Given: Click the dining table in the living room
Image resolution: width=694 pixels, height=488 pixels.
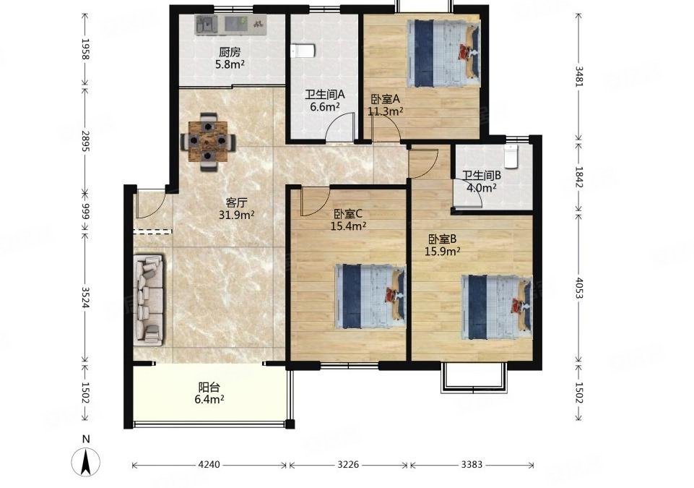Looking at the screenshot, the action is tap(208, 142).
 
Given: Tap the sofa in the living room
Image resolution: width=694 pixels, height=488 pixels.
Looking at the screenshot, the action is tap(149, 300).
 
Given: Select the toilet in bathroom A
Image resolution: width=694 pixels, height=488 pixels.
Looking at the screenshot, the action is tap(303, 51).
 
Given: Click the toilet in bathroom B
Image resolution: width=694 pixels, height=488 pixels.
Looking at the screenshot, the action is tap(511, 156).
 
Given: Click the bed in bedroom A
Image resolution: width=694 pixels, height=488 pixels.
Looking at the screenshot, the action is tap(443, 54).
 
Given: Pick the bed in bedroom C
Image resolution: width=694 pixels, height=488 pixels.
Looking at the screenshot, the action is tap(370, 296).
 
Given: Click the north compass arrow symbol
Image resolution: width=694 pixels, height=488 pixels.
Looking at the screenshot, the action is tap(87, 461).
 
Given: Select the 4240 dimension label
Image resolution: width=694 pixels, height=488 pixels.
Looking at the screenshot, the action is tap(209, 465).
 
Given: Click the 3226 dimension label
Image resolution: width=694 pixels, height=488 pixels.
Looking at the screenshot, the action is tap(348, 465).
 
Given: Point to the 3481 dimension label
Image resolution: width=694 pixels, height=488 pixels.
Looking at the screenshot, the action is tap(578, 76).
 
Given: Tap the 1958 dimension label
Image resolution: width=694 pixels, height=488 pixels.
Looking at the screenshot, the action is tap(86, 49).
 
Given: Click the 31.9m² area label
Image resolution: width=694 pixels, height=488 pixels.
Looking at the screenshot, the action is tap(236, 215).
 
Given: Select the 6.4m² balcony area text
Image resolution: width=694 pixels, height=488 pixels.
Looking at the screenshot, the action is tap(209, 399).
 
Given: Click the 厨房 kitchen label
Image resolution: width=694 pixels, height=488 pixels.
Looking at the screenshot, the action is tap(230, 53).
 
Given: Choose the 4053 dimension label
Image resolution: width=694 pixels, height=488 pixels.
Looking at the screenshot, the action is tap(578, 288).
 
